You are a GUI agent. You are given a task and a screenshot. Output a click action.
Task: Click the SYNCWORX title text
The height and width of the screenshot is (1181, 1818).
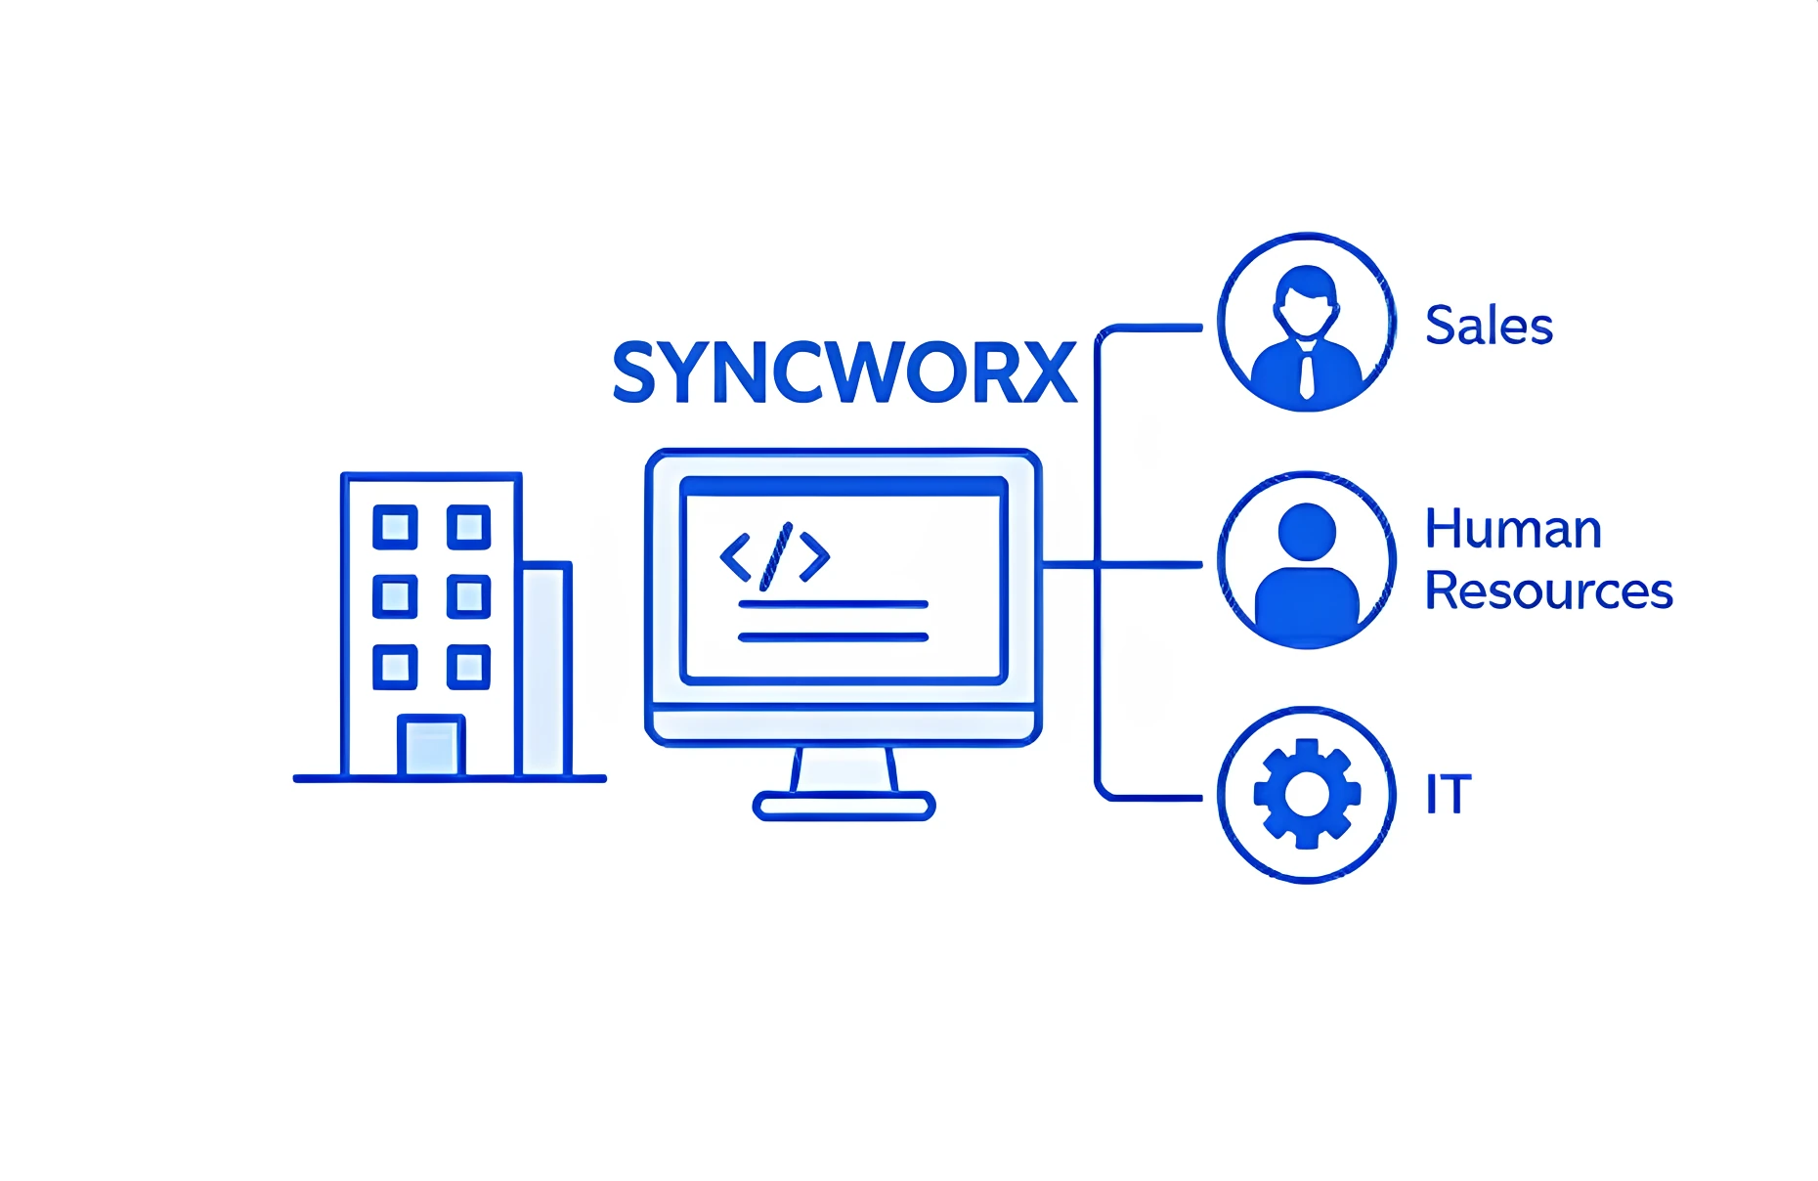[844, 372]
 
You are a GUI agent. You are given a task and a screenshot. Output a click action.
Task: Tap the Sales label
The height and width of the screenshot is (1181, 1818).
[1489, 326]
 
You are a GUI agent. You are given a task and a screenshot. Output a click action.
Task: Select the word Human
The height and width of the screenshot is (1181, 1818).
[1513, 529]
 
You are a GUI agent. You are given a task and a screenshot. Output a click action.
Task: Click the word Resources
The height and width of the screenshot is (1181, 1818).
[1548, 590]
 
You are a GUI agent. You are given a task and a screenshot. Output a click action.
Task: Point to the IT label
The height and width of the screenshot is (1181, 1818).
[1448, 794]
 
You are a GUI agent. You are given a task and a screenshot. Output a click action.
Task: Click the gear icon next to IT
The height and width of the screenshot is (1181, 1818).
[1307, 794]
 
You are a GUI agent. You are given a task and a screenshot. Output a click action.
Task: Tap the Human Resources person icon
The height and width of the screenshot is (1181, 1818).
[1307, 561]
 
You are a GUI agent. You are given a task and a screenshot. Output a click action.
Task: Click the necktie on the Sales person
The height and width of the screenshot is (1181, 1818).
[1307, 373]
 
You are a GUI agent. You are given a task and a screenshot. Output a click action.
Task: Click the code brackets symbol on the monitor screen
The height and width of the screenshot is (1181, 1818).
[775, 556]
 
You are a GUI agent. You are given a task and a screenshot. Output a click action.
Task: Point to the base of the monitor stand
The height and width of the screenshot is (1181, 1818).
[844, 807]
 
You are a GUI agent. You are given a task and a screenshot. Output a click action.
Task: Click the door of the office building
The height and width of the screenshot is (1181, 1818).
[430, 746]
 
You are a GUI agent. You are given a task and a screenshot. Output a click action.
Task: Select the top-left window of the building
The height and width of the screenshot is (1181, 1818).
[395, 527]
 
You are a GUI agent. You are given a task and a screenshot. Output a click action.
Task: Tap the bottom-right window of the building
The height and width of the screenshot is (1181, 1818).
[468, 667]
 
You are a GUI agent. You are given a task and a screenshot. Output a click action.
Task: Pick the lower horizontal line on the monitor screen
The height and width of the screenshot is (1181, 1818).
[833, 637]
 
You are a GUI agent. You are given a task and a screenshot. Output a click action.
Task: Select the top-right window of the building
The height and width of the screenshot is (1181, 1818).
[468, 527]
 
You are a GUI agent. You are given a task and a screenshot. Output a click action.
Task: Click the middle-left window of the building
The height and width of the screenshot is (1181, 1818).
[395, 596]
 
